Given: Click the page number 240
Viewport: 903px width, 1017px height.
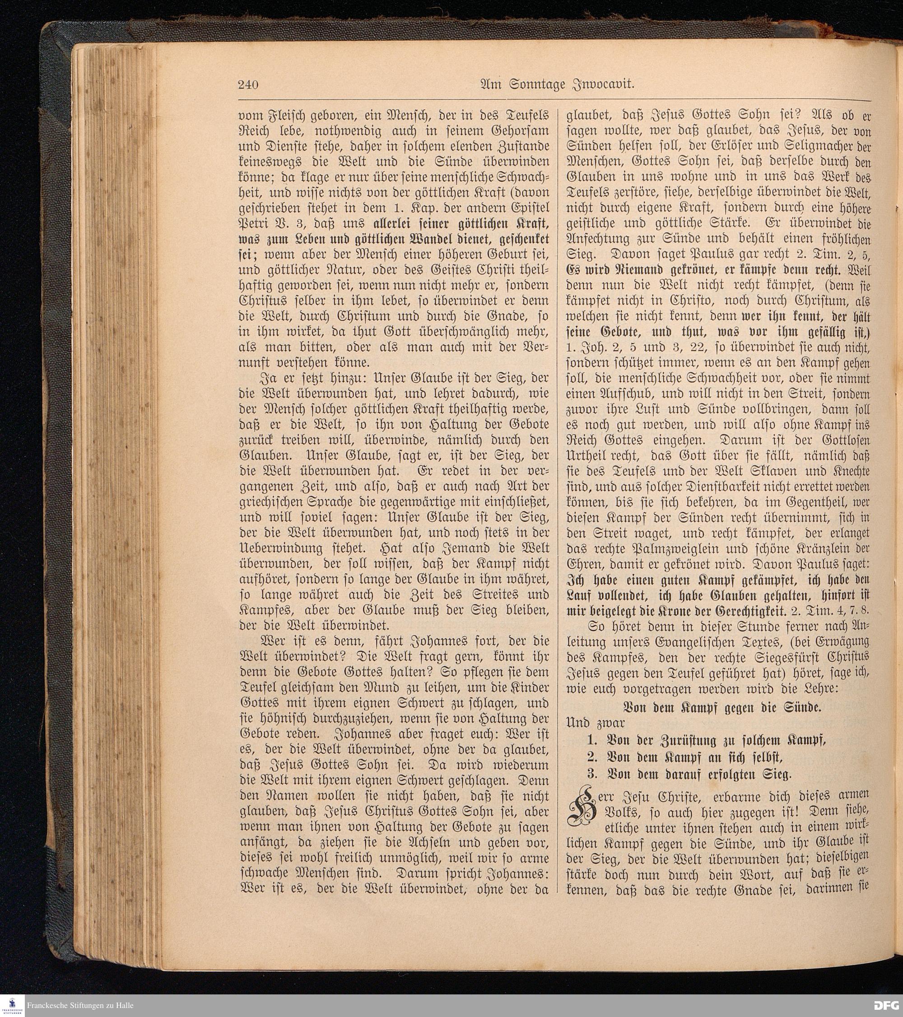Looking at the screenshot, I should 247,85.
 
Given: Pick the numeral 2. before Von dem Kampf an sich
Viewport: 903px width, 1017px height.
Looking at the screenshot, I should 592,757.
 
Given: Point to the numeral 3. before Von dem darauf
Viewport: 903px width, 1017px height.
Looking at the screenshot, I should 592,774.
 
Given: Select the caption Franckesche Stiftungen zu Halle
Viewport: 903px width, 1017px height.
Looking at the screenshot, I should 80,1005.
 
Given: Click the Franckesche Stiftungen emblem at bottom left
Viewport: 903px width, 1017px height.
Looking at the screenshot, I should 12,1005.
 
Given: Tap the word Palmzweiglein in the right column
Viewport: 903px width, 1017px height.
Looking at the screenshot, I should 648,549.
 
